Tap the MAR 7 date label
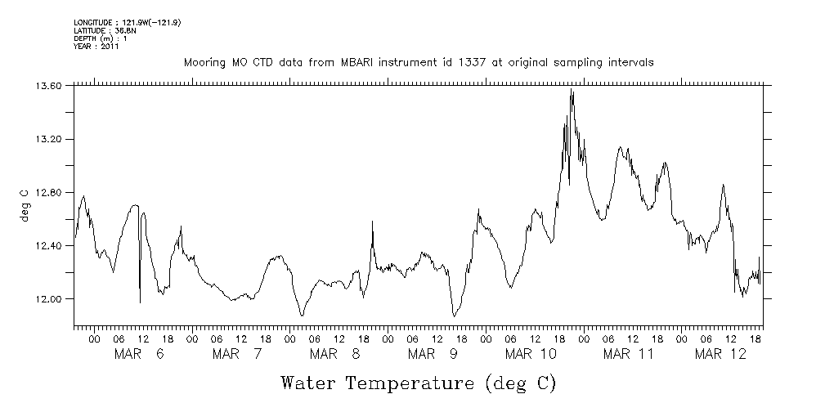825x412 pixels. point(236,354)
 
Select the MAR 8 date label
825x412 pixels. point(334,354)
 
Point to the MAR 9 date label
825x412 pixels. point(432,354)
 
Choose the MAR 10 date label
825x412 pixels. point(531,354)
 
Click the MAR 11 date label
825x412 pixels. point(629,354)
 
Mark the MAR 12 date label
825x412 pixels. point(720,354)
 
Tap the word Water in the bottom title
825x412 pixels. point(308,383)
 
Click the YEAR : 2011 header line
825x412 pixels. point(96,47)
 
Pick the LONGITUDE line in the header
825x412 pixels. point(127,22)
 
